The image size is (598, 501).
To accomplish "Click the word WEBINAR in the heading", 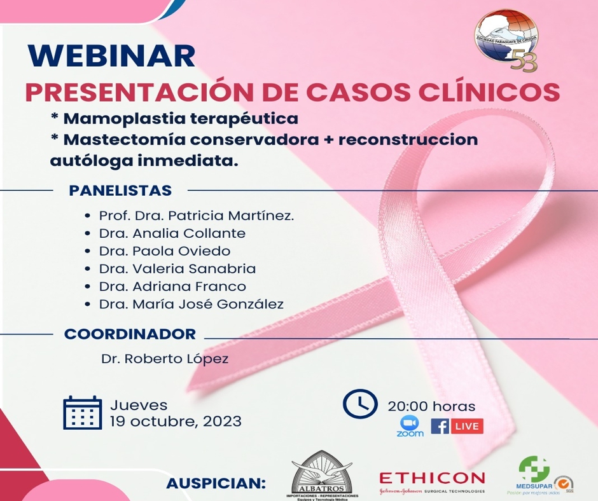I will coord(111,56).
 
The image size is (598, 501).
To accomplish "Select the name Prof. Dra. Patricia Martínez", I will coord(197,216).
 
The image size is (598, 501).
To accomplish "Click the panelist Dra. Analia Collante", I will coord(172,233).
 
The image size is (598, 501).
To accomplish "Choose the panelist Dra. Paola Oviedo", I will coord(164,251).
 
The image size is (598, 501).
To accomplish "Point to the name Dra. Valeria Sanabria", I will coord(177,269).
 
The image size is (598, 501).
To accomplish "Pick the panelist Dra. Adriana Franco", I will coord(172,287).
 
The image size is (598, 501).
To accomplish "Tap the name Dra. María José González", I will coord(191,305).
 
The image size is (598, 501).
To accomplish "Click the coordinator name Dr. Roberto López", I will coord(164,359).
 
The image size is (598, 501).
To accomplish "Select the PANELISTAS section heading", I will coord(120,190).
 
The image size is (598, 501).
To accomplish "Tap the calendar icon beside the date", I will coord(83,413).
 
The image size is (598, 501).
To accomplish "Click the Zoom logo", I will coord(410,425).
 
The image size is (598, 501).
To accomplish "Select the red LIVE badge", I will coord(467,426).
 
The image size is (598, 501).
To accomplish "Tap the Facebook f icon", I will coord(440,426).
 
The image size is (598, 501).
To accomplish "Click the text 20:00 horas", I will coord(431,406).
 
